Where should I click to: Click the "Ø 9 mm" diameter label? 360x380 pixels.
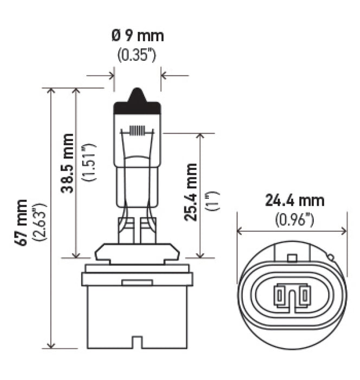pos(137,36)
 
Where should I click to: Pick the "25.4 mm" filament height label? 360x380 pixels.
pos(191,192)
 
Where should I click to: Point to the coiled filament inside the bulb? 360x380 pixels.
pos(138,131)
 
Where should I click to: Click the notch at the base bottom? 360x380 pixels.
pos(137,342)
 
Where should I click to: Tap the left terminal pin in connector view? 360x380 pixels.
pos(280,296)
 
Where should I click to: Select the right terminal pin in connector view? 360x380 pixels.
pos(305,296)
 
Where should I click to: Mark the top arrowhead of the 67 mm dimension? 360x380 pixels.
pos(52,92)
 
